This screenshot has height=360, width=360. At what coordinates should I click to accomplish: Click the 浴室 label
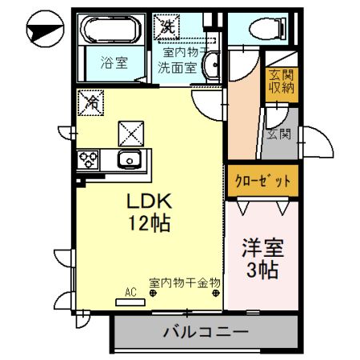[113, 62]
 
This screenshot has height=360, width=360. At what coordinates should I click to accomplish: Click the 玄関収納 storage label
[281, 79]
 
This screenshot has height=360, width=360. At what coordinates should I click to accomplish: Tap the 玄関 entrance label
[278, 134]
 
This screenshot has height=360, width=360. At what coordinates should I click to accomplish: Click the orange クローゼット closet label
[257, 181]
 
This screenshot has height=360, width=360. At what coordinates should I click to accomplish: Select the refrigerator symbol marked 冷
[91, 102]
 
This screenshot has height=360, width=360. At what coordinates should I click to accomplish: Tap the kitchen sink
[129, 159]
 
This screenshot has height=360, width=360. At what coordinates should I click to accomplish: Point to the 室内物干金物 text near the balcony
[185, 282]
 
